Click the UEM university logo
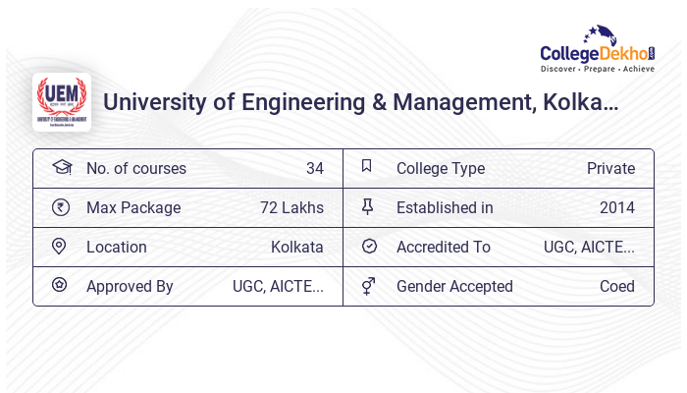[62, 102]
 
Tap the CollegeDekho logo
[598, 50]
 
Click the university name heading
[360, 102]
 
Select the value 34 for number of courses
[314, 169]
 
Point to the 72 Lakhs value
[291, 208]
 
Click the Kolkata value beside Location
[296, 248]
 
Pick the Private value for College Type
[610, 169]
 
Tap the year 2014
[617, 208]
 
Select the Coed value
[617, 287]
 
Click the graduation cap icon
[61, 167]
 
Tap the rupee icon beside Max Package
[60, 207]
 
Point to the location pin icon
[59, 247]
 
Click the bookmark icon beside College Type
[367, 167]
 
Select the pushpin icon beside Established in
[368, 207]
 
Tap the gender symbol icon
[368, 286]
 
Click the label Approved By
[130, 287]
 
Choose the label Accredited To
[444, 248]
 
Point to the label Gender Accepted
[454, 287]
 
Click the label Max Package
[133, 208]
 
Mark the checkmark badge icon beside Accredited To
[369, 247]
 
